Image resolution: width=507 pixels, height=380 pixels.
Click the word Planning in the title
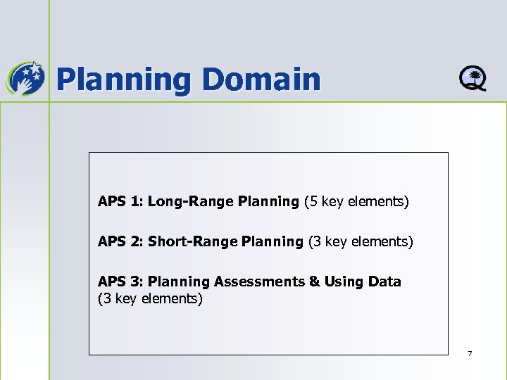click(x=123, y=80)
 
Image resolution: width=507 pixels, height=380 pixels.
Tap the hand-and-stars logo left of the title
click(x=25, y=77)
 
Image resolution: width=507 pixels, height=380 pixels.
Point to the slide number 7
click(x=470, y=353)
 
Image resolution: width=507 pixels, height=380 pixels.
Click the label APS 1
click(x=119, y=202)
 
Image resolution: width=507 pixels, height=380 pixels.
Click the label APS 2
click(x=119, y=242)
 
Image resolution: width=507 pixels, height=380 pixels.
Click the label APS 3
click(x=119, y=281)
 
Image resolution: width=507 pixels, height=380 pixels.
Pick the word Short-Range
click(x=192, y=242)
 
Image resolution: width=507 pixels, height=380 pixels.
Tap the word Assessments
click(x=258, y=281)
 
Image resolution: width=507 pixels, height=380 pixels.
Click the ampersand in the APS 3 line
click(x=313, y=281)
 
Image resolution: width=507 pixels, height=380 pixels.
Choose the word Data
click(x=384, y=281)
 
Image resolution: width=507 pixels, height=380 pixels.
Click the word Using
click(x=344, y=281)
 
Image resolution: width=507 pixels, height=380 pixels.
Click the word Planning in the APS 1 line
click(x=268, y=203)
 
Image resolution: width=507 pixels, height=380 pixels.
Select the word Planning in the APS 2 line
click(x=272, y=243)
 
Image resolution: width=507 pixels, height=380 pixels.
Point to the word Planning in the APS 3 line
click(x=179, y=282)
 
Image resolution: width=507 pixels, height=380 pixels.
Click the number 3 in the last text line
click(x=105, y=298)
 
